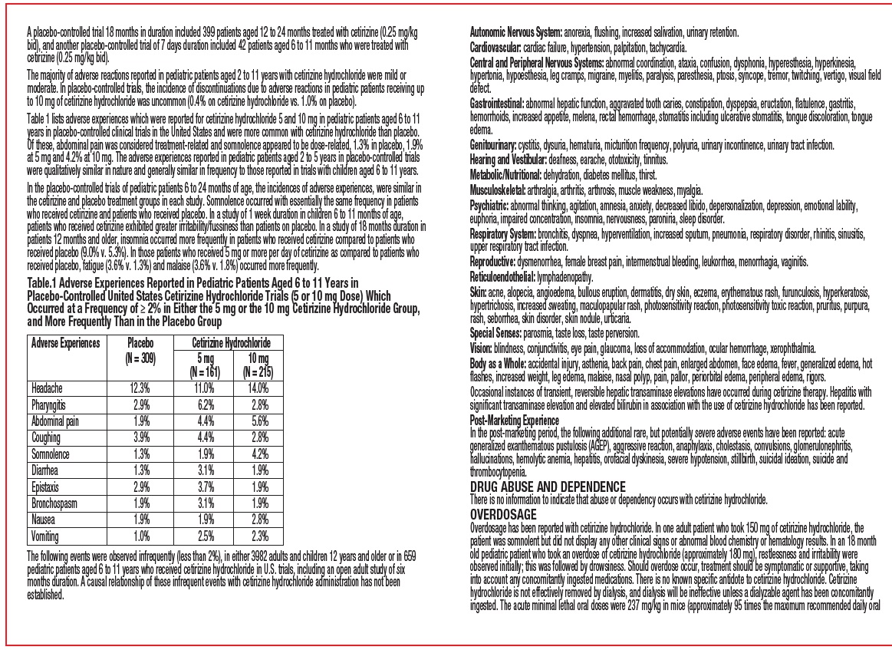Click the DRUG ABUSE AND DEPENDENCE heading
click(547, 487)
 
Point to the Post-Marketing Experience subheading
click(514, 421)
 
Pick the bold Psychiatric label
click(489, 205)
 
